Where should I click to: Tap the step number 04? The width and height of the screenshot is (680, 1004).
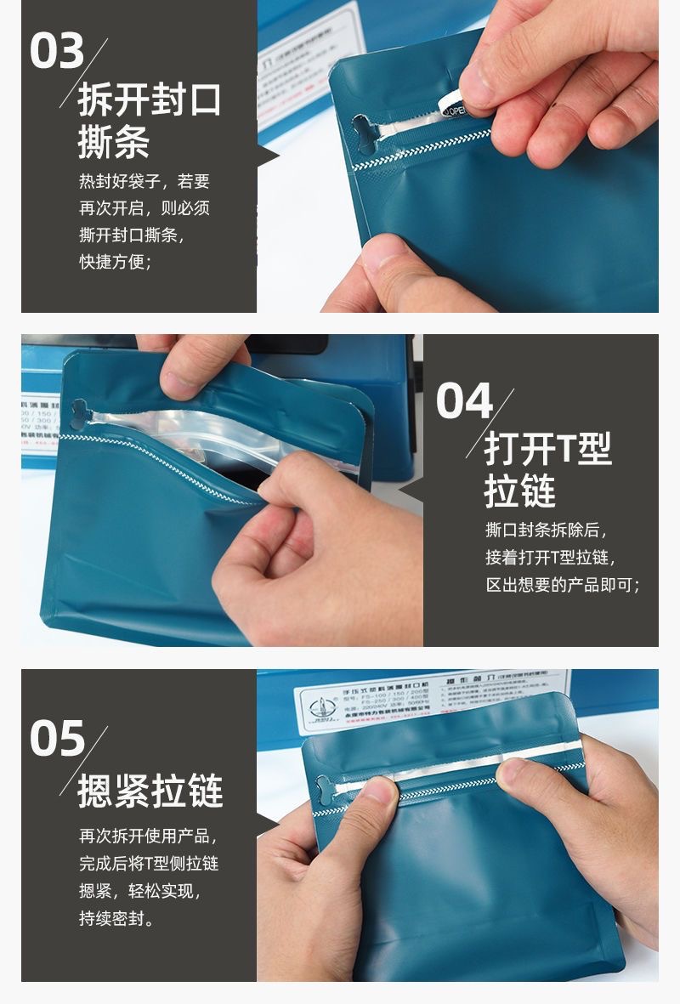pos(464,400)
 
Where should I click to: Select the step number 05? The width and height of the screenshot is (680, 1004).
pos(57,737)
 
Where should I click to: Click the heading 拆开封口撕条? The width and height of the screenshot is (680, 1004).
pos(149,122)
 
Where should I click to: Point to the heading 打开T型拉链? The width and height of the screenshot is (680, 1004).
pos(547,471)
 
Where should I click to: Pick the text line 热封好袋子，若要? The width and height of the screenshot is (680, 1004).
pos(144,181)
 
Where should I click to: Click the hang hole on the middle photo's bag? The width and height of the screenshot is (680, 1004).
pos(81,412)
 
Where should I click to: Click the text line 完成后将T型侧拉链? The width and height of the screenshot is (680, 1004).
pos(149,863)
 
